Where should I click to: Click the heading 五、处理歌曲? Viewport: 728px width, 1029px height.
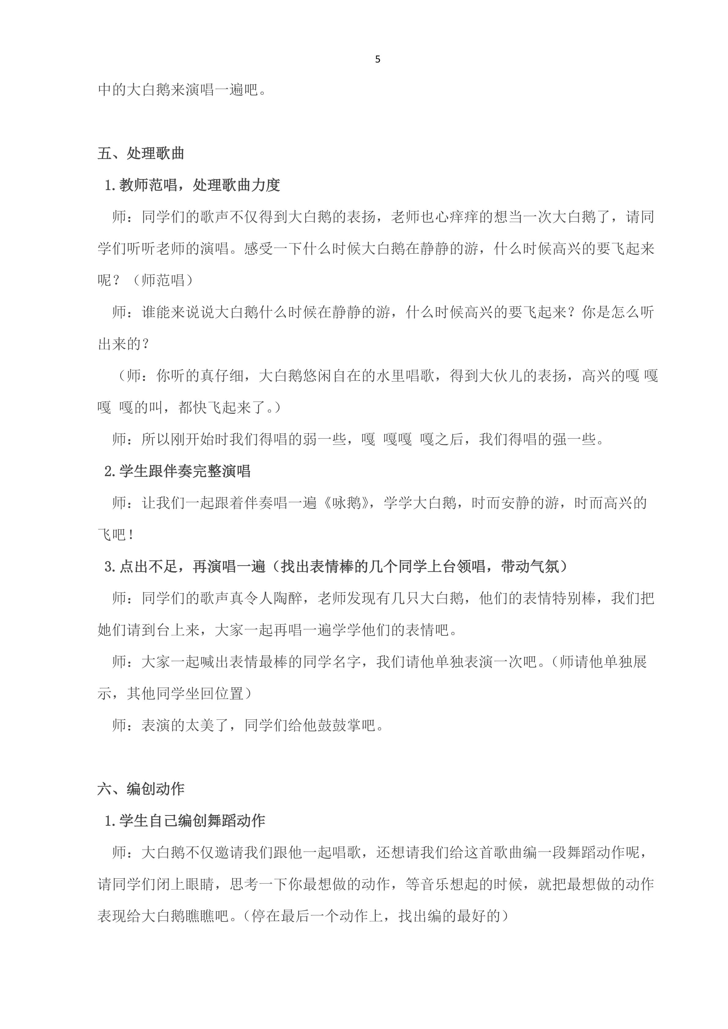(x=141, y=154)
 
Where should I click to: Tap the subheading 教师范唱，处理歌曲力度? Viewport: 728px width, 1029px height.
(x=199, y=185)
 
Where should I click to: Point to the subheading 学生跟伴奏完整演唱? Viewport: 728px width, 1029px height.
(x=185, y=471)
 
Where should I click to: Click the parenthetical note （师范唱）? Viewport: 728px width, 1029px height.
(x=163, y=281)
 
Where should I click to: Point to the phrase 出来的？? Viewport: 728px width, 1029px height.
(x=123, y=344)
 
